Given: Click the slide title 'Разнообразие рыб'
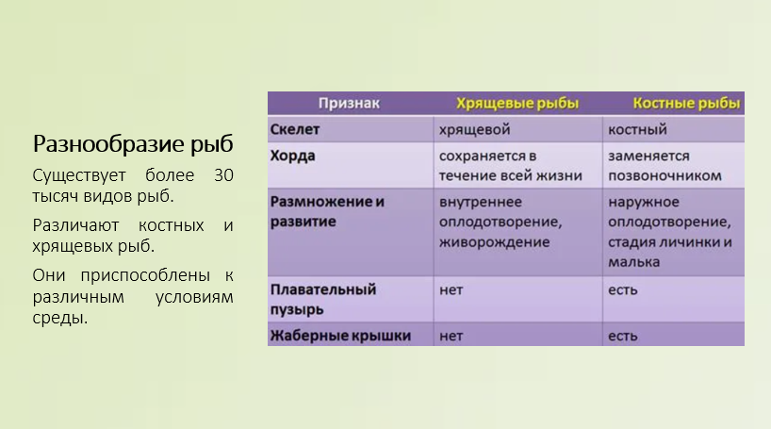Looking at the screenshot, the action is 133,144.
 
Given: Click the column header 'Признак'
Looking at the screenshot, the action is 349,104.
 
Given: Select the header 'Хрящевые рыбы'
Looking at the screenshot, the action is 517,104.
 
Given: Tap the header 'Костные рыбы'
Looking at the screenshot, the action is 686,104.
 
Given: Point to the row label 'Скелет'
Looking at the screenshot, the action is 294,129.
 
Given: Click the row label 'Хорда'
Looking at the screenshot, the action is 292,156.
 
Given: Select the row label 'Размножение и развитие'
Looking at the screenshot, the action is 327,211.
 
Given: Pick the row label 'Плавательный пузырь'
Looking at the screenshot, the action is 323,299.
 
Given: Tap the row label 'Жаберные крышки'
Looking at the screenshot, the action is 340,336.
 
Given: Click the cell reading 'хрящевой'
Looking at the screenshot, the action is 474,130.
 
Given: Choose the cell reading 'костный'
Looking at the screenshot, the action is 637,130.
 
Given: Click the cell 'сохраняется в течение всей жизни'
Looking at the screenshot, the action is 511,166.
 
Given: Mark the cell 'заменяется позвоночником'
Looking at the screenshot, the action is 664,166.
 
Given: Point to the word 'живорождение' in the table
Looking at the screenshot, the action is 494,242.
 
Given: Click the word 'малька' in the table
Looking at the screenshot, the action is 633,262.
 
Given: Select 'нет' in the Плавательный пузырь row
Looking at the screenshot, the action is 451,289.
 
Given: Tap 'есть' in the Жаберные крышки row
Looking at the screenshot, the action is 622,336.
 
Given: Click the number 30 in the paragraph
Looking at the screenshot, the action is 223,175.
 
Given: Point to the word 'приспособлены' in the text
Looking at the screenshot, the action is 145,275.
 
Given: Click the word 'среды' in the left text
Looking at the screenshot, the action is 60,318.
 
